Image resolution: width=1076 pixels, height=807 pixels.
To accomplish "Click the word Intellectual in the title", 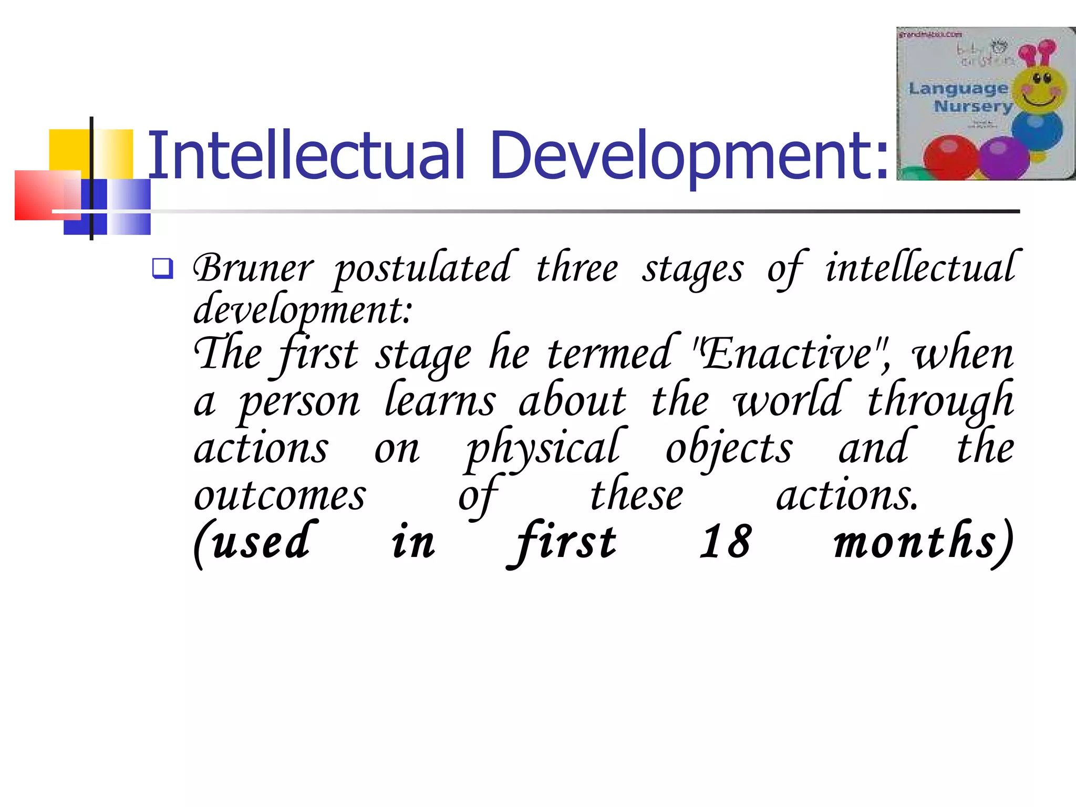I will [x=306, y=156].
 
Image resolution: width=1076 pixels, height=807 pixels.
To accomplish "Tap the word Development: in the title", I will [x=689, y=156].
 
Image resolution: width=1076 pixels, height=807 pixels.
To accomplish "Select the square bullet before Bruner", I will [x=162, y=268].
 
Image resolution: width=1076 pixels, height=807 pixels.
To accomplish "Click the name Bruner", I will [x=253, y=269].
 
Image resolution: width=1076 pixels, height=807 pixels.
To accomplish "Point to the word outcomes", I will [x=280, y=496].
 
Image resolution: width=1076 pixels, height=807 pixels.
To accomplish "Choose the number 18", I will [x=726, y=542].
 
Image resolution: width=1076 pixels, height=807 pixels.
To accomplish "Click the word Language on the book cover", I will [x=958, y=88].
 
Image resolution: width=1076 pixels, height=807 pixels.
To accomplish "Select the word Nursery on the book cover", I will [x=973, y=107].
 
